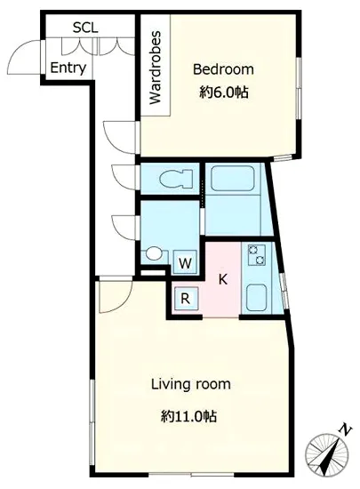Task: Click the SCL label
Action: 85,28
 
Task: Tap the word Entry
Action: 68,68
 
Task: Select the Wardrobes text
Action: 156,68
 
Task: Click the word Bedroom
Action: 223,69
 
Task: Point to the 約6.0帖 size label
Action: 223,92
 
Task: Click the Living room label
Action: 191,384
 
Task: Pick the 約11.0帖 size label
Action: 188,416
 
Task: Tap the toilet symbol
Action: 176,179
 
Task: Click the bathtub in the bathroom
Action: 233,179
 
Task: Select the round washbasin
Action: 154,253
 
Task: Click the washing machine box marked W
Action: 185,262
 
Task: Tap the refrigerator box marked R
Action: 186,299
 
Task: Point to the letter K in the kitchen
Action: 222,279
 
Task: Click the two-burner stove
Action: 257,255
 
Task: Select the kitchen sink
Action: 256,298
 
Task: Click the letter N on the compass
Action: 345,430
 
